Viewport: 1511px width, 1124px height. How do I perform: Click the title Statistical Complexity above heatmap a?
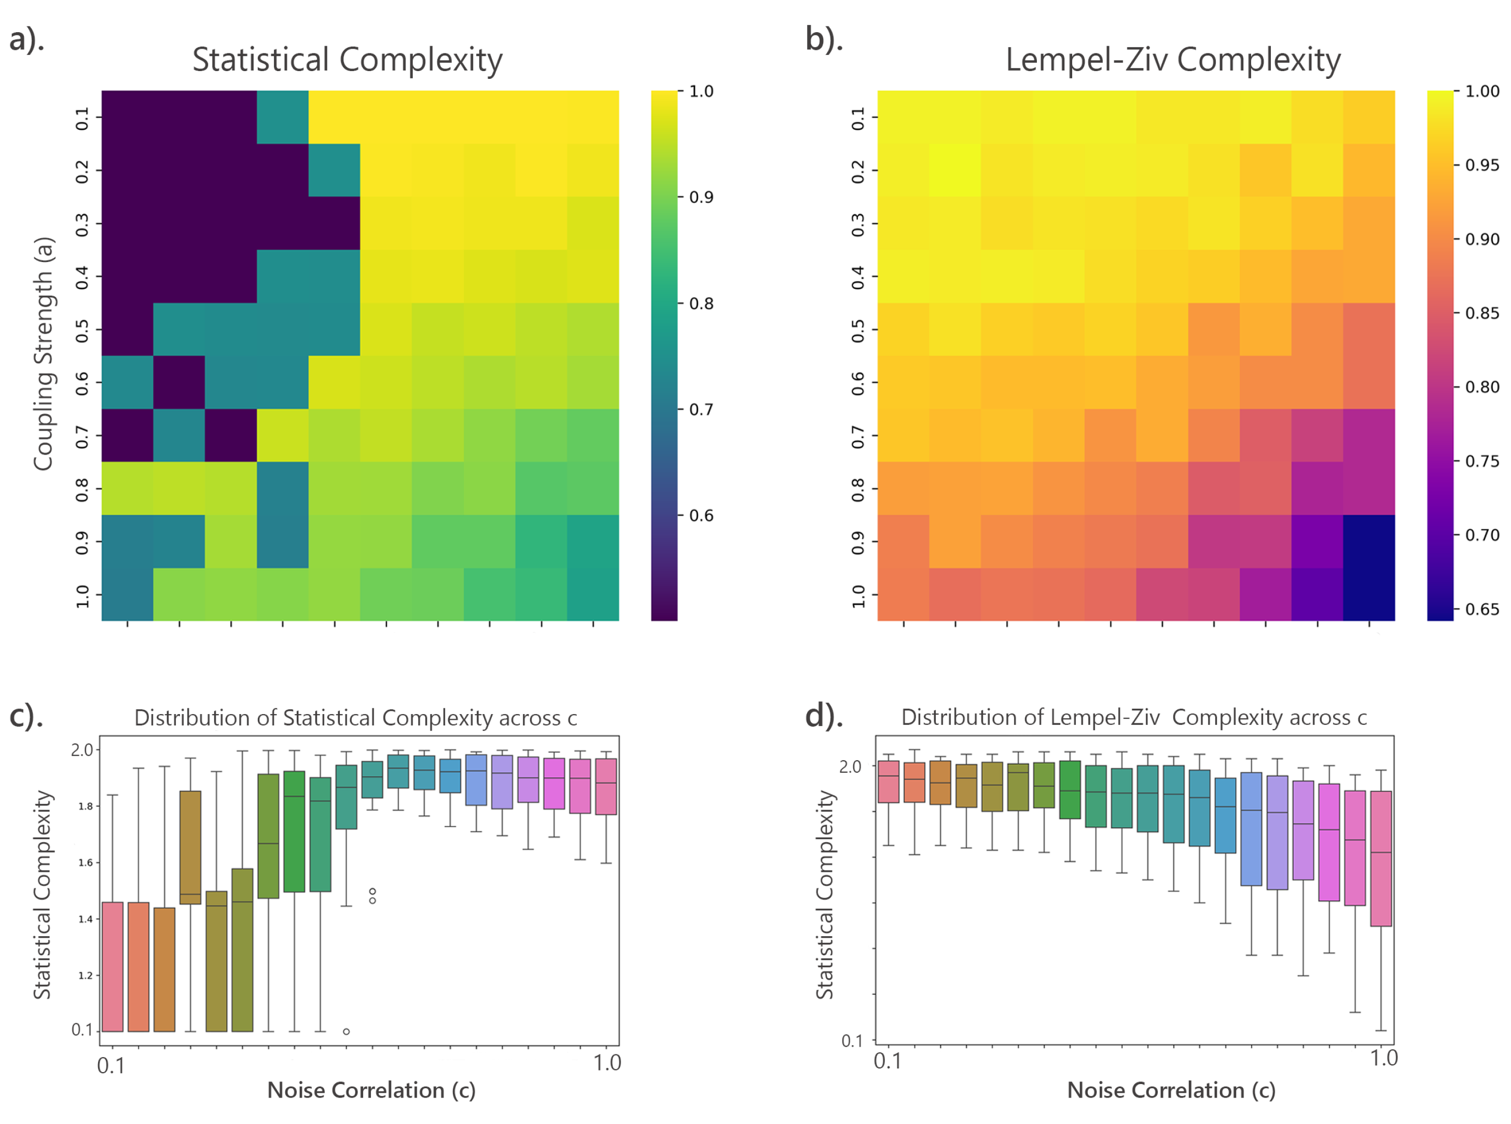(x=347, y=60)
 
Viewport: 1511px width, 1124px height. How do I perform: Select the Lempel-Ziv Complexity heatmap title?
(x=1172, y=60)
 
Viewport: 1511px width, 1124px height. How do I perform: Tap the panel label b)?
(x=824, y=39)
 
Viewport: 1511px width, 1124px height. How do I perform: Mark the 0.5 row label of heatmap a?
(x=81, y=330)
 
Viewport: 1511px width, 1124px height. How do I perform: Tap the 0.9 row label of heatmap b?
(x=858, y=542)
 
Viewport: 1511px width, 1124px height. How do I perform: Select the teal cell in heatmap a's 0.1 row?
(x=282, y=117)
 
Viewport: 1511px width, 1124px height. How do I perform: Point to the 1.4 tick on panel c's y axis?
(x=85, y=919)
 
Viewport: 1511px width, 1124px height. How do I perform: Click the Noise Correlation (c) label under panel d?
(x=1171, y=1090)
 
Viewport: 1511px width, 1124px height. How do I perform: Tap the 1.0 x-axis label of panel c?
(x=606, y=1063)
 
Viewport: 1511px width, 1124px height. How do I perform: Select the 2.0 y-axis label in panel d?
(x=850, y=767)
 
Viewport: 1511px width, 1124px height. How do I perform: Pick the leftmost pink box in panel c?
(x=112, y=966)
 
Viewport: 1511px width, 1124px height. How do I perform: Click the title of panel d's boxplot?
(x=1133, y=717)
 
